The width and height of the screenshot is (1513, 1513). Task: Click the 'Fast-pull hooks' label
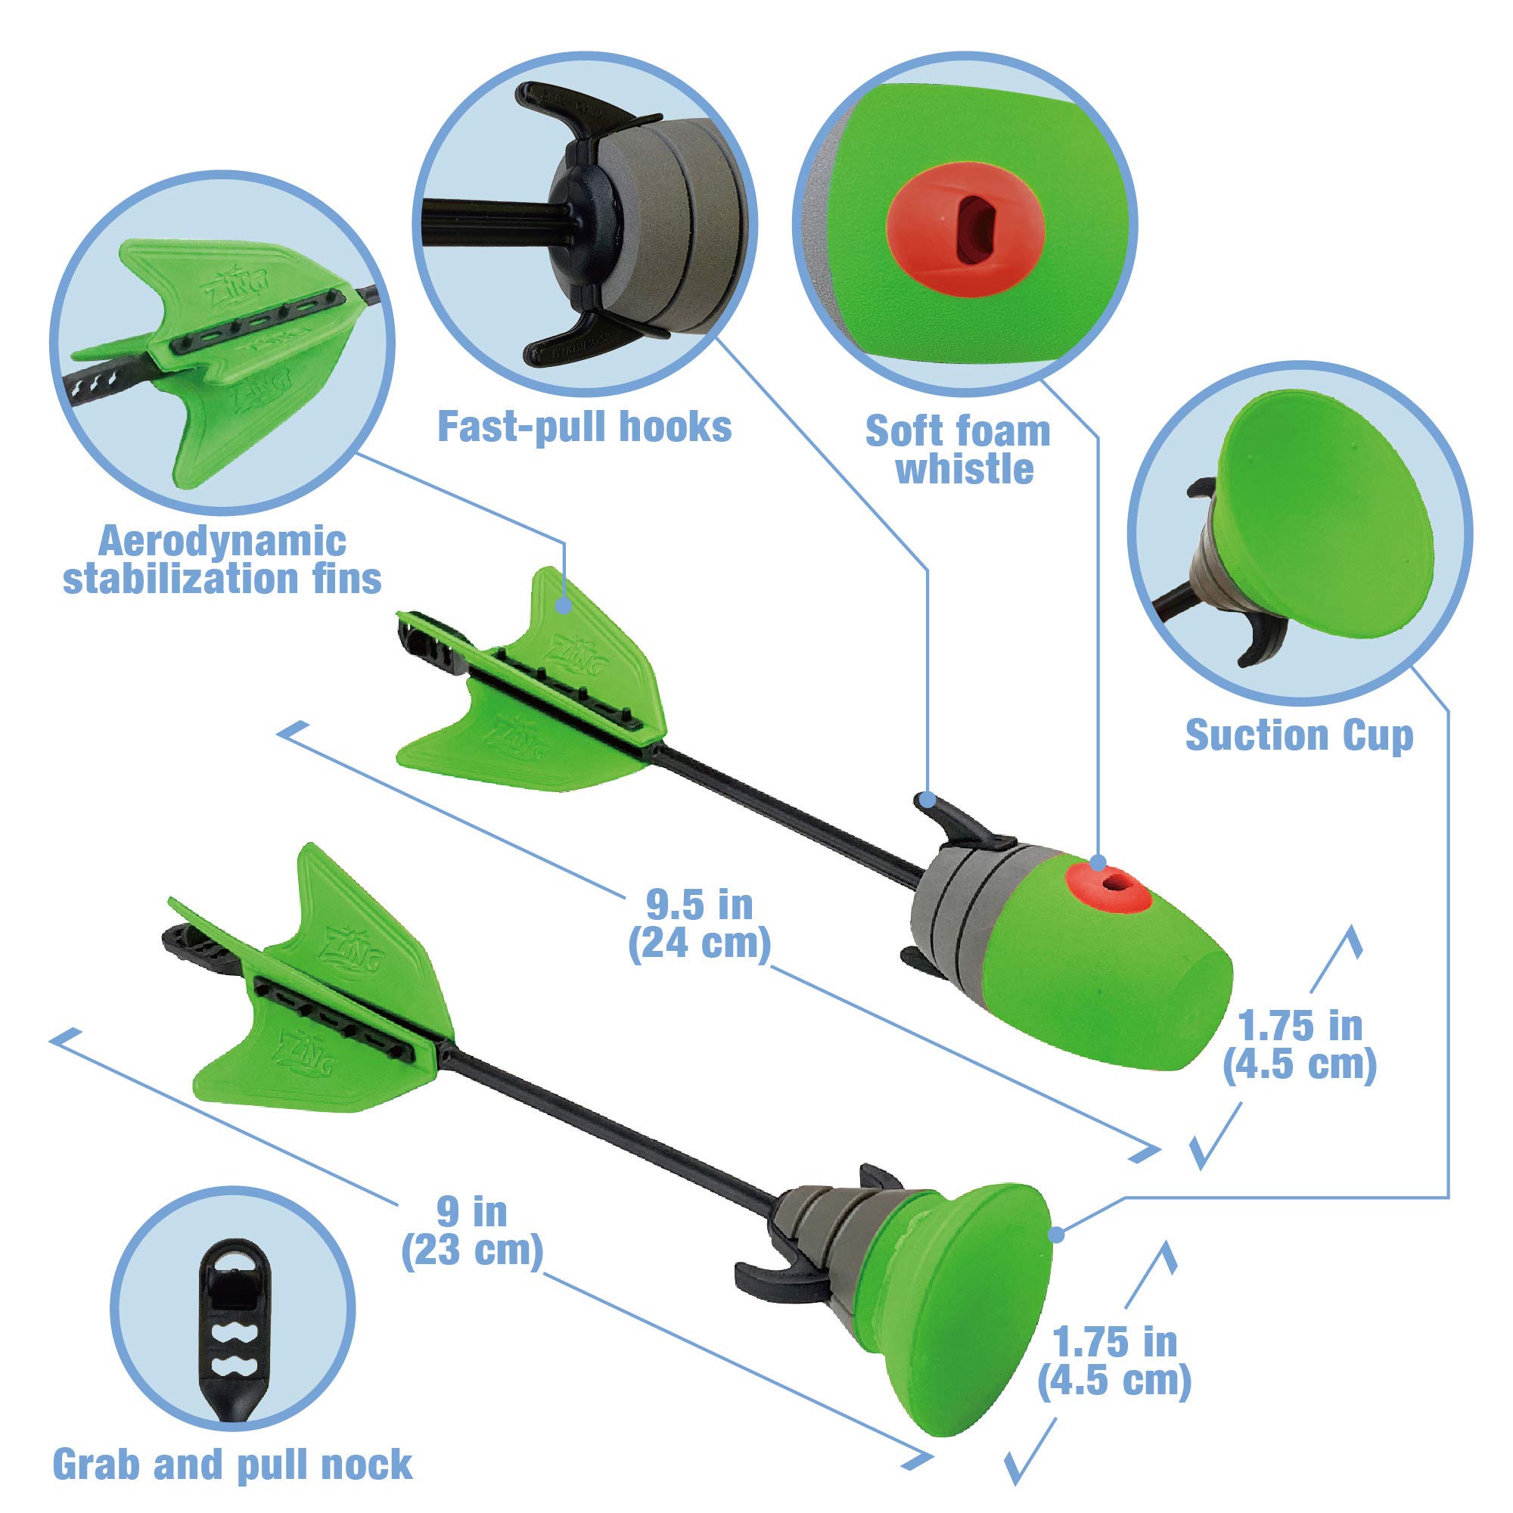point(584,427)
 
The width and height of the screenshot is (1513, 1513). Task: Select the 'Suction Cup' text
point(1299,735)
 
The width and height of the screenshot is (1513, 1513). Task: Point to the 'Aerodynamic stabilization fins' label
point(222,560)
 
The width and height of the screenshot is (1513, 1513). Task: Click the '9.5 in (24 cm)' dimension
point(699,924)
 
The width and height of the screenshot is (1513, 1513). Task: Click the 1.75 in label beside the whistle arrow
point(1300,1045)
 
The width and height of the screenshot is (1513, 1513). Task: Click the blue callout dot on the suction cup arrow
point(1056,1235)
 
